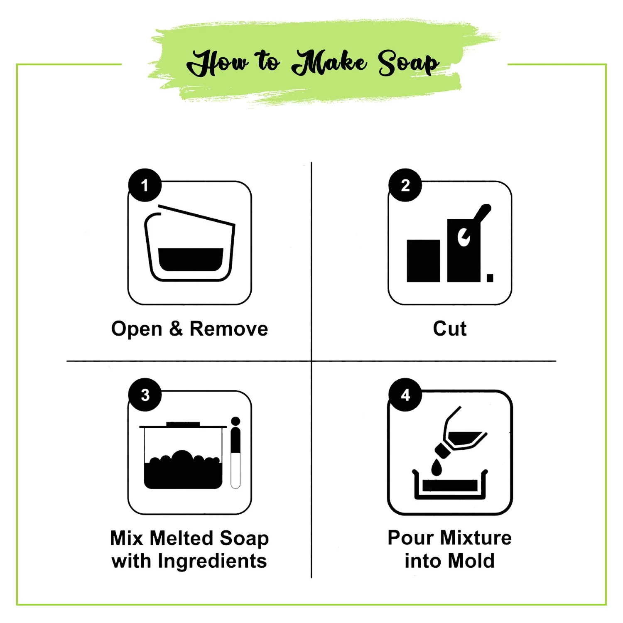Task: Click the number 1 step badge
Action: point(145,185)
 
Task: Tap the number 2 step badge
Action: point(405,185)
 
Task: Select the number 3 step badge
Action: point(145,395)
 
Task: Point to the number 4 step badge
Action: point(405,395)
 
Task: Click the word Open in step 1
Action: point(137,329)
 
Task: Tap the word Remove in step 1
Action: point(229,329)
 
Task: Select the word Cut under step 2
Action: point(450,329)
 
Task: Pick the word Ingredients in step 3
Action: point(212,562)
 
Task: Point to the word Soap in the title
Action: point(408,63)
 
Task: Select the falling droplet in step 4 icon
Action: point(437,467)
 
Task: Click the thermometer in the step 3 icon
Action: point(235,453)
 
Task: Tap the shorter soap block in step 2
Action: point(423,261)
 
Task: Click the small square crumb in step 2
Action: point(490,278)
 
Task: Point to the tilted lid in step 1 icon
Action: point(196,215)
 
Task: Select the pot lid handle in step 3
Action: point(183,424)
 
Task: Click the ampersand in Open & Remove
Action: point(176,329)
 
